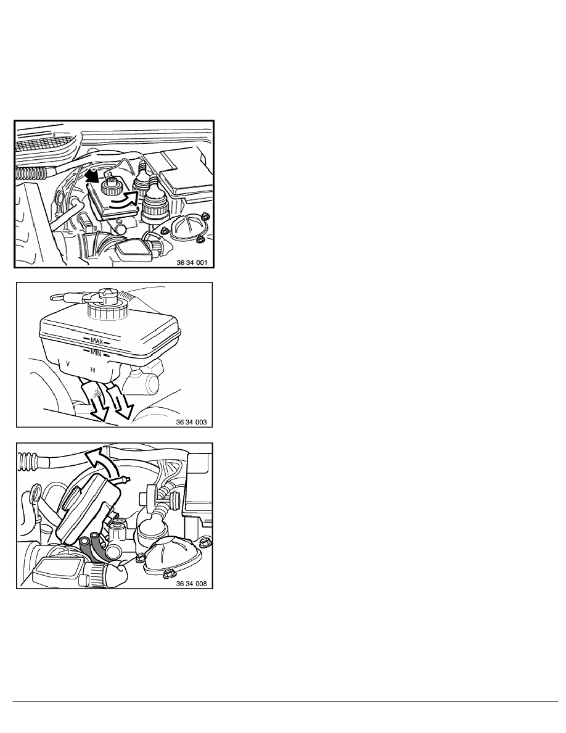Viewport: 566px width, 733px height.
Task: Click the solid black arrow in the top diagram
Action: tap(93, 176)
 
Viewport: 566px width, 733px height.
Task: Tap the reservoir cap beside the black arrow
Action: tap(112, 188)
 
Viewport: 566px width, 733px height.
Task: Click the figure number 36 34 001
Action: tap(192, 263)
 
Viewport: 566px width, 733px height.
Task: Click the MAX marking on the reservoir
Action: tap(97, 341)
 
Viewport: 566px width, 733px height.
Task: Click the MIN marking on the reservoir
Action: tap(96, 352)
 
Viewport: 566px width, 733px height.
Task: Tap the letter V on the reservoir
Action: tap(68, 363)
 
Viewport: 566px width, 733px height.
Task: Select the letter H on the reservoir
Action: tap(93, 370)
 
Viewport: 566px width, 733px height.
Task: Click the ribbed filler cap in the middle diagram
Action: tap(107, 305)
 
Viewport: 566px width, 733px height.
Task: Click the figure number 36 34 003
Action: tap(192, 422)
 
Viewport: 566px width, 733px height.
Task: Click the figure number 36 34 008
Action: tap(192, 584)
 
